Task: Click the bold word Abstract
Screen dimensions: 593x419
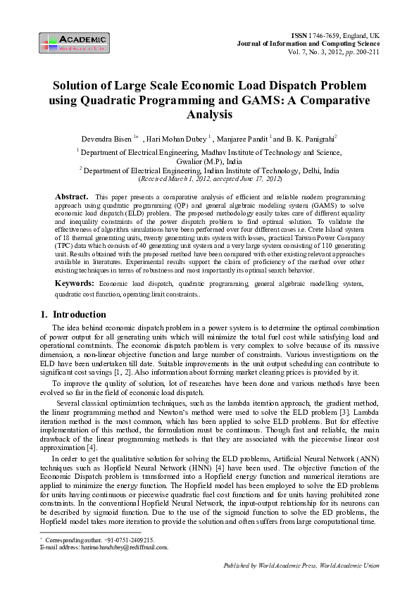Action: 71,195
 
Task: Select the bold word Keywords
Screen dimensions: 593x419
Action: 76,282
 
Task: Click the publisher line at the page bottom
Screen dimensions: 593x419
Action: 301,566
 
